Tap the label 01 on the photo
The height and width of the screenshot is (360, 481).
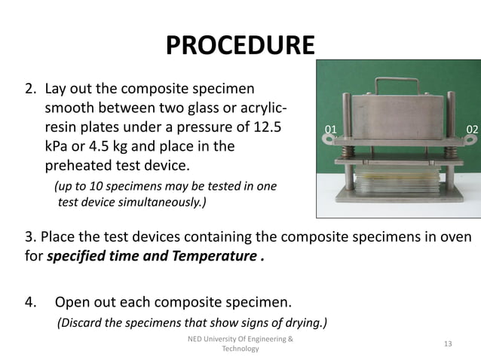(330, 130)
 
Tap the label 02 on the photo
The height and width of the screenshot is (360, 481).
(472, 130)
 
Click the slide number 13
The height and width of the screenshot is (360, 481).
(448, 344)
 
